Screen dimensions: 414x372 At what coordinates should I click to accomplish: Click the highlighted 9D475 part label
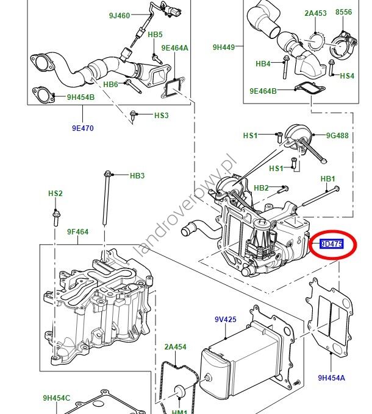click(331, 244)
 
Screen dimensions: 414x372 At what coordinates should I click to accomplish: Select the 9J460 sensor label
click(120, 16)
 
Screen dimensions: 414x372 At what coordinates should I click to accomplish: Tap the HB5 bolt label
click(155, 35)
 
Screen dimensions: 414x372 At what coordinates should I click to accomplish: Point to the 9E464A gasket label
click(174, 47)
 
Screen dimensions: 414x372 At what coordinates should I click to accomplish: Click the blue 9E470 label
click(82, 128)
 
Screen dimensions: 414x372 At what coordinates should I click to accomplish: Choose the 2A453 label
click(315, 12)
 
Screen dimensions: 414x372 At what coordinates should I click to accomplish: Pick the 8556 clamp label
click(344, 12)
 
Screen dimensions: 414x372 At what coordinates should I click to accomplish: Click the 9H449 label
click(224, 46)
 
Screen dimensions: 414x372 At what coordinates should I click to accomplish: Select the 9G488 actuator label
click(337, 136)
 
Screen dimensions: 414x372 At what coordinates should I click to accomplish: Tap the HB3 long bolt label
click(137, 176)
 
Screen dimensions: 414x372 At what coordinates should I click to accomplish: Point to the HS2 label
click(55, 194)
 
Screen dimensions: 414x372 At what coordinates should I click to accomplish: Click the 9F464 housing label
click(77, 232)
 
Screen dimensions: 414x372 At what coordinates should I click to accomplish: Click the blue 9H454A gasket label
click(331, 378)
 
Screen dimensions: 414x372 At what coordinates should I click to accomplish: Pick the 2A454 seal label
click(175, 347)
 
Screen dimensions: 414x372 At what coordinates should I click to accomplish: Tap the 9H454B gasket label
click(80, 97)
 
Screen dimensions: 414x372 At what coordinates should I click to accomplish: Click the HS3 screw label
click(161, 115)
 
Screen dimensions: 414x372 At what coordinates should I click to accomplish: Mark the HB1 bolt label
click(328, 178)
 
